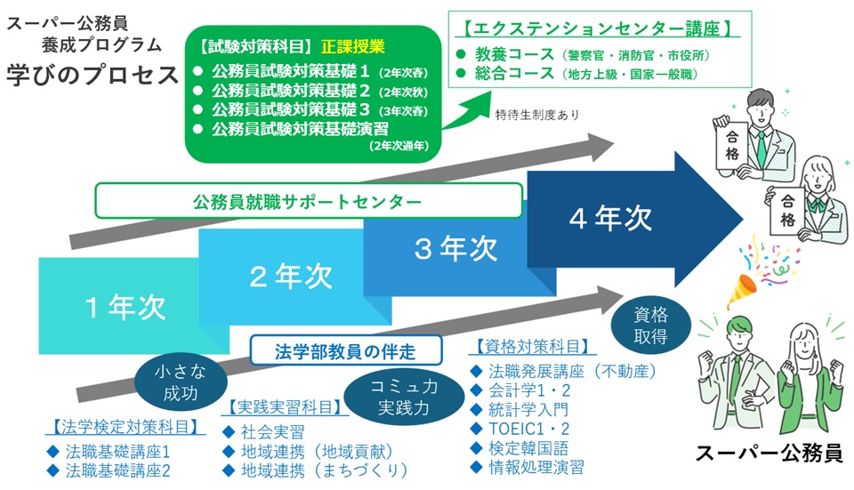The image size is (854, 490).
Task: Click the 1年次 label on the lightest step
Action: click(x=125, y=307)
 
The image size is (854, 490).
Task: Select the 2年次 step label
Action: click(x=291, y=276)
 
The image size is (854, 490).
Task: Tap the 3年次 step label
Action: click(x=455, y=248)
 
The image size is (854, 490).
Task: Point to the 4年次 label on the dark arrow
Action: click(x=610, y=219)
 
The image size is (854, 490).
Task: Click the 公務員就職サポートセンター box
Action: click(x=309, y=201)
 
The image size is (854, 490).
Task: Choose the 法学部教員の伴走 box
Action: click(x=346, y=350)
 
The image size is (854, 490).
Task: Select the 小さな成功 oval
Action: click(x=181, y=382)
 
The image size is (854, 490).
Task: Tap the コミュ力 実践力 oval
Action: click(x=404, y=398)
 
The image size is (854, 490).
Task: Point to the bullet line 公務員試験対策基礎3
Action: click(x=311, y=109)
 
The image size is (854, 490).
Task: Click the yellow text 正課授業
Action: click(x=353, y=47)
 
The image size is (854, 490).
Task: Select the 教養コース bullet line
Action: click(x=583, y=54)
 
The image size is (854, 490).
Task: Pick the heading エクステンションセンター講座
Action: click(x=598, y=28)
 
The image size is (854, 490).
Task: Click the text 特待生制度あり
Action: click(x=537, y=115)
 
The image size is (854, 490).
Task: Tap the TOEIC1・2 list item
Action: click(x=520, y=429)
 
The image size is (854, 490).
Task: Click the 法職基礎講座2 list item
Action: click(x=109, y=470)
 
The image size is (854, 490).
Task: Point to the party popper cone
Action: click(x=742, y=290)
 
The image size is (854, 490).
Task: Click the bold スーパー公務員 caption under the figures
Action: click(x=769, y=453)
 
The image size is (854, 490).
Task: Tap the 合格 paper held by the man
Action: click(x=732, y=145)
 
